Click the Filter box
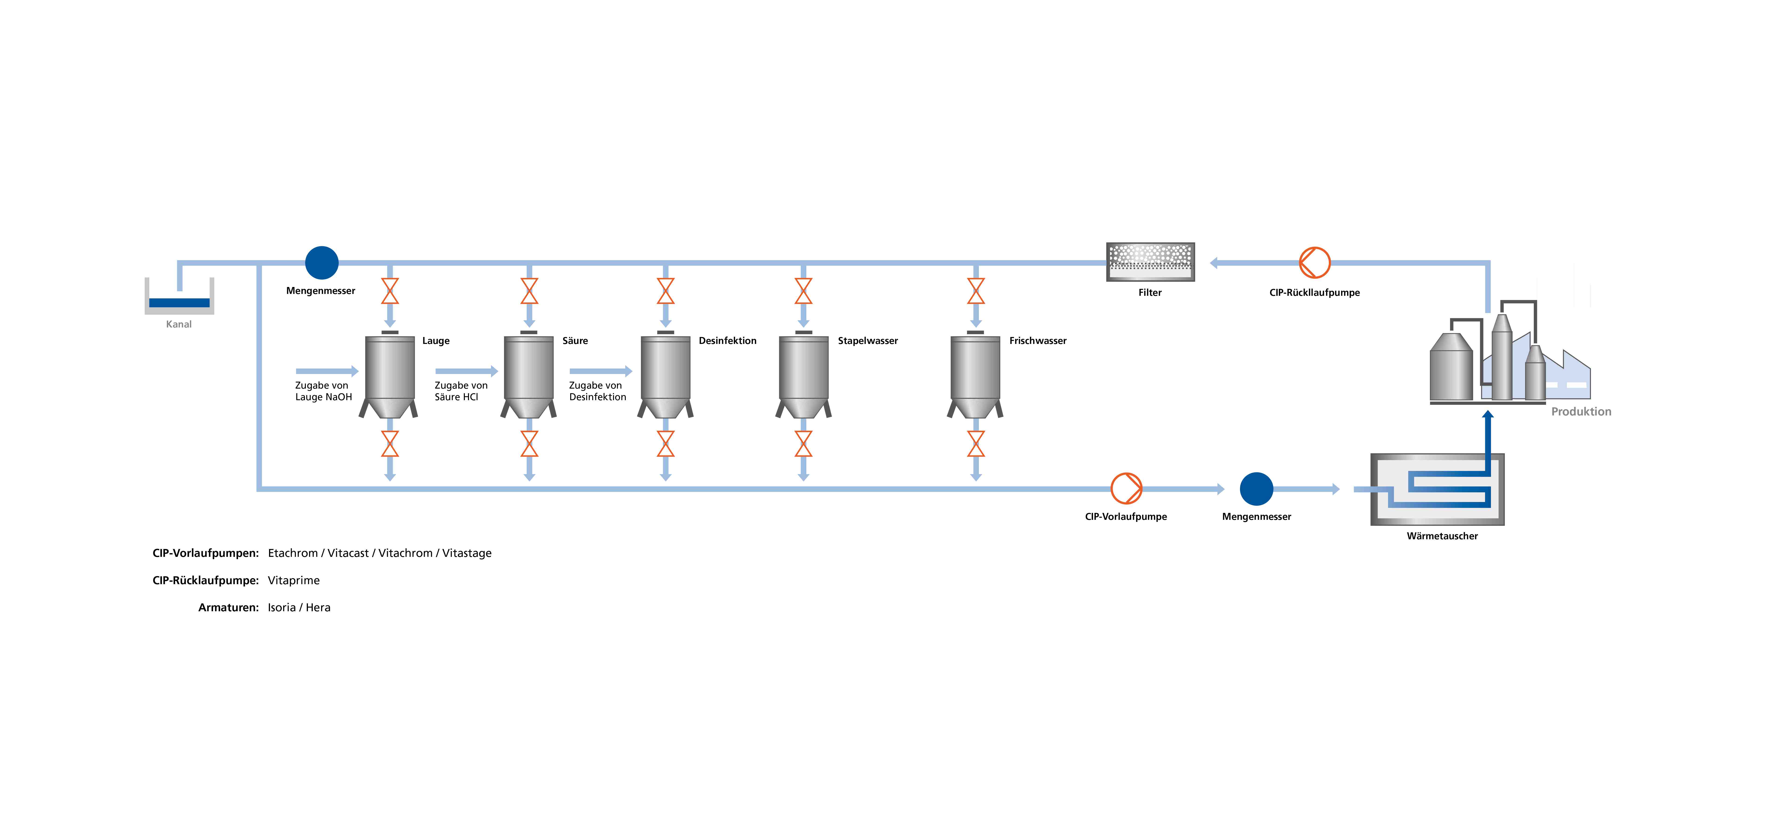tap(1150, 262)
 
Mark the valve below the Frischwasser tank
tap(976, 444)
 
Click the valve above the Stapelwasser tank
tap(803, 291)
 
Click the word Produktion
tap(1581, 412)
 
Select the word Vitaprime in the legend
tap(294, 580)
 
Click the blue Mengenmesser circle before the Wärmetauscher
tap(1256, 488)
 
